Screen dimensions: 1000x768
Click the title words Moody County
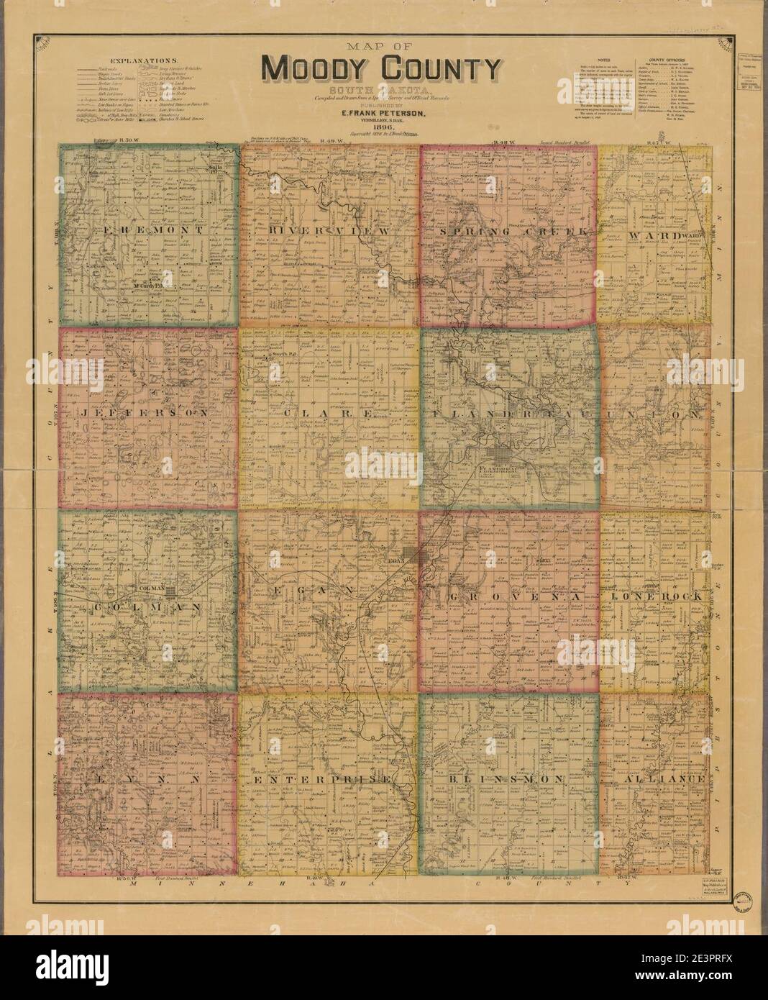pos(380,70)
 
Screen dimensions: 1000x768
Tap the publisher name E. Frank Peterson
pos(380,113)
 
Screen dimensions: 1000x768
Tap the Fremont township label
pos(148,230)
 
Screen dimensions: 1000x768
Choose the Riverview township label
pos(329,230)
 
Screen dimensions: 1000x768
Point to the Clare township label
pos(329,415)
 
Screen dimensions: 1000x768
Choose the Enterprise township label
pos(329,779)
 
